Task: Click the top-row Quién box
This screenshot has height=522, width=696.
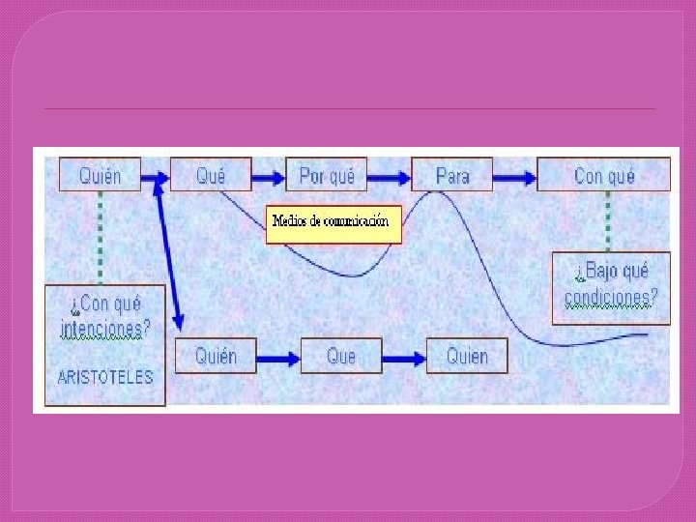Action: (x=101, y=175)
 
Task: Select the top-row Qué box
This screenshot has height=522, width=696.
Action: (x=211, y=175)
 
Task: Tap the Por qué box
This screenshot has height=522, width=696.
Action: (x=327, y=175)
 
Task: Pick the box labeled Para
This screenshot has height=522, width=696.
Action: (x=452, y=175)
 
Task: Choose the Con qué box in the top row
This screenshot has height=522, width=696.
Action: (x=604, y=175)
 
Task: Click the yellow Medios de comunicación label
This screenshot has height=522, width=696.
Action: (x=333, y=222)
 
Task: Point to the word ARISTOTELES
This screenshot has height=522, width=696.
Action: (x=105, y=378)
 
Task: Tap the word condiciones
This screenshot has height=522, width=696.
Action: (x=611, y=297)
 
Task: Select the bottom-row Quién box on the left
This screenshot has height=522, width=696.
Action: (x=216, y=356)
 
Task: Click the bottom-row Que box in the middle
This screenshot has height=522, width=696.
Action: (x=341, y=356)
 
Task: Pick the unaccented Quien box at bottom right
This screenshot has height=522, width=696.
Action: (x=467, y=356)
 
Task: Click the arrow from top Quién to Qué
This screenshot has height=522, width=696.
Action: (x=156, y=177)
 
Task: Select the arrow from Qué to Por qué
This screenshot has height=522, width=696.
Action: (x=269, y=177)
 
